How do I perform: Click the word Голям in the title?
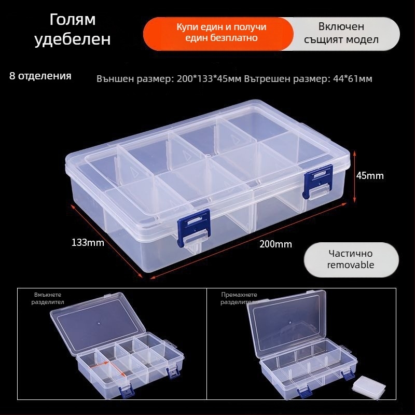point(73,20)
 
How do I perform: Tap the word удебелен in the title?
point(73,39)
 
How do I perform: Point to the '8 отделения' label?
point(40,76)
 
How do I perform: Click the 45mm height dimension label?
point(370,176)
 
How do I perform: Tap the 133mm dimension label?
point(88,242)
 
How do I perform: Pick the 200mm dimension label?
point(275,244)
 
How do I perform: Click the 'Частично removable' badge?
point(351,259)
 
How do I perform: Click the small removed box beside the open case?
point(371,386)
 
